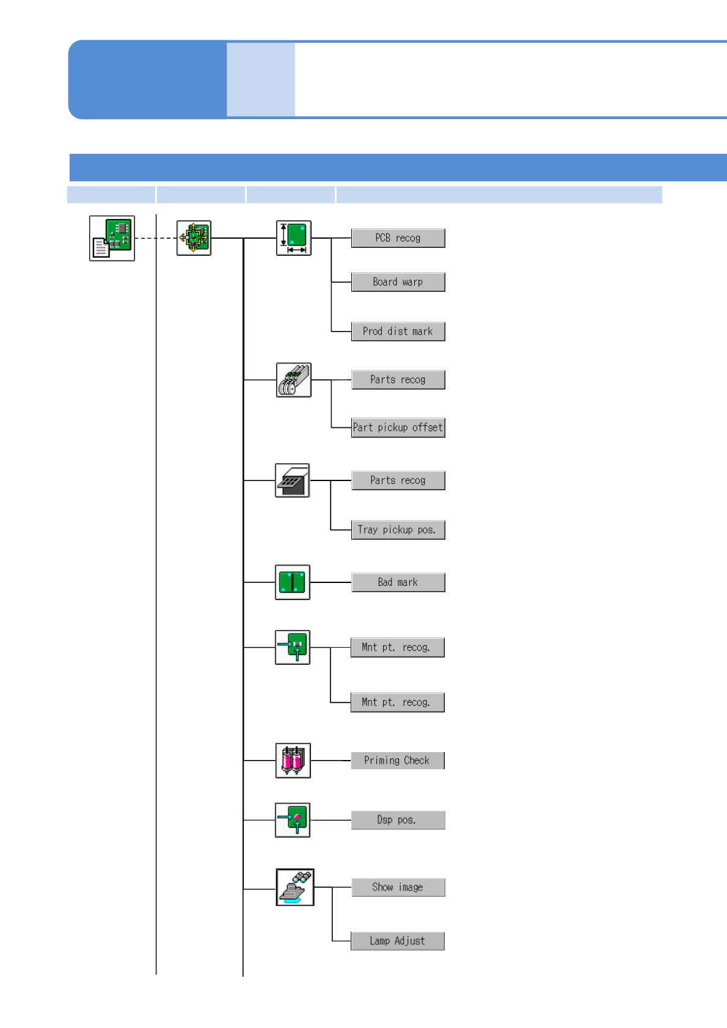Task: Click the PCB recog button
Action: (398, 238)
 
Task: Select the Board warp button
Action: (398, 282)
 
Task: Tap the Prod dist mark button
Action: (398, 331)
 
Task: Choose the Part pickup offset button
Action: (398, 427)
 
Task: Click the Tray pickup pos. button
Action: (398, 530)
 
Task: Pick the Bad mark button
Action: (398, 582)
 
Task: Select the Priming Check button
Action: (397, 761)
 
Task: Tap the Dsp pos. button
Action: (398, 820)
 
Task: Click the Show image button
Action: (398, 887)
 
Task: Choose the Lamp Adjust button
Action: (397, 941)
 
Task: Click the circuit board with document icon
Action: (112, 238)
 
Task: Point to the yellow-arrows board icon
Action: (194, 238)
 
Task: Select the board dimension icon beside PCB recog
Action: (294, 238)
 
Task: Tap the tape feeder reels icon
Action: (294, 380)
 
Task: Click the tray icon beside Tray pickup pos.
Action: (293, 480)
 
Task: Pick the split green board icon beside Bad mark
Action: (293, 582)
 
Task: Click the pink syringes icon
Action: (293, 761)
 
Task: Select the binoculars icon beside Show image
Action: (295, 887)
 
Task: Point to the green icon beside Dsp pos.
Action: (293, 820)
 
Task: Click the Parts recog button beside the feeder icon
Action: (398, 380)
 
